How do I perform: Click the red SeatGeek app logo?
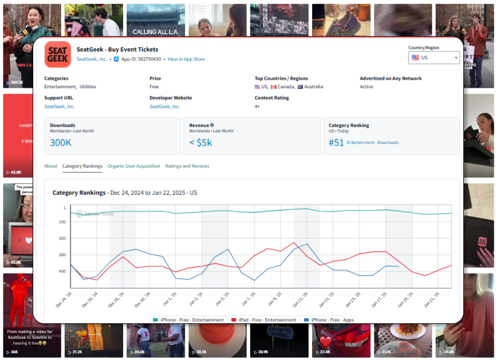tap(58, 54)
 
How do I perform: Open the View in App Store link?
tap(186, 59)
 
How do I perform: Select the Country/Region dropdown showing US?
tap(434, 57)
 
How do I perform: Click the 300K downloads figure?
tap(61, 142)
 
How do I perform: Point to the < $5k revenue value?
tap(200, 142)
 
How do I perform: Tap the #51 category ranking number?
tap(336, 142)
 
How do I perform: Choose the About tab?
tap(51, 166)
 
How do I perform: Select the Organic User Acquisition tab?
tap(134, 166)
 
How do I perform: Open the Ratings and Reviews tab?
tap(187, 166)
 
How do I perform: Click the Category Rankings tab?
tap(82, 166)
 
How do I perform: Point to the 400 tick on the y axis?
tap(62, 271)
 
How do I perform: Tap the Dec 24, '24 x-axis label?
tap(64, 300)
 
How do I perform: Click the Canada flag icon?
tap(274, 87)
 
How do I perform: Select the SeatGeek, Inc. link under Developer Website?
tap(165, 106)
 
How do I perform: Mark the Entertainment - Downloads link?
tap(373, 143)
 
